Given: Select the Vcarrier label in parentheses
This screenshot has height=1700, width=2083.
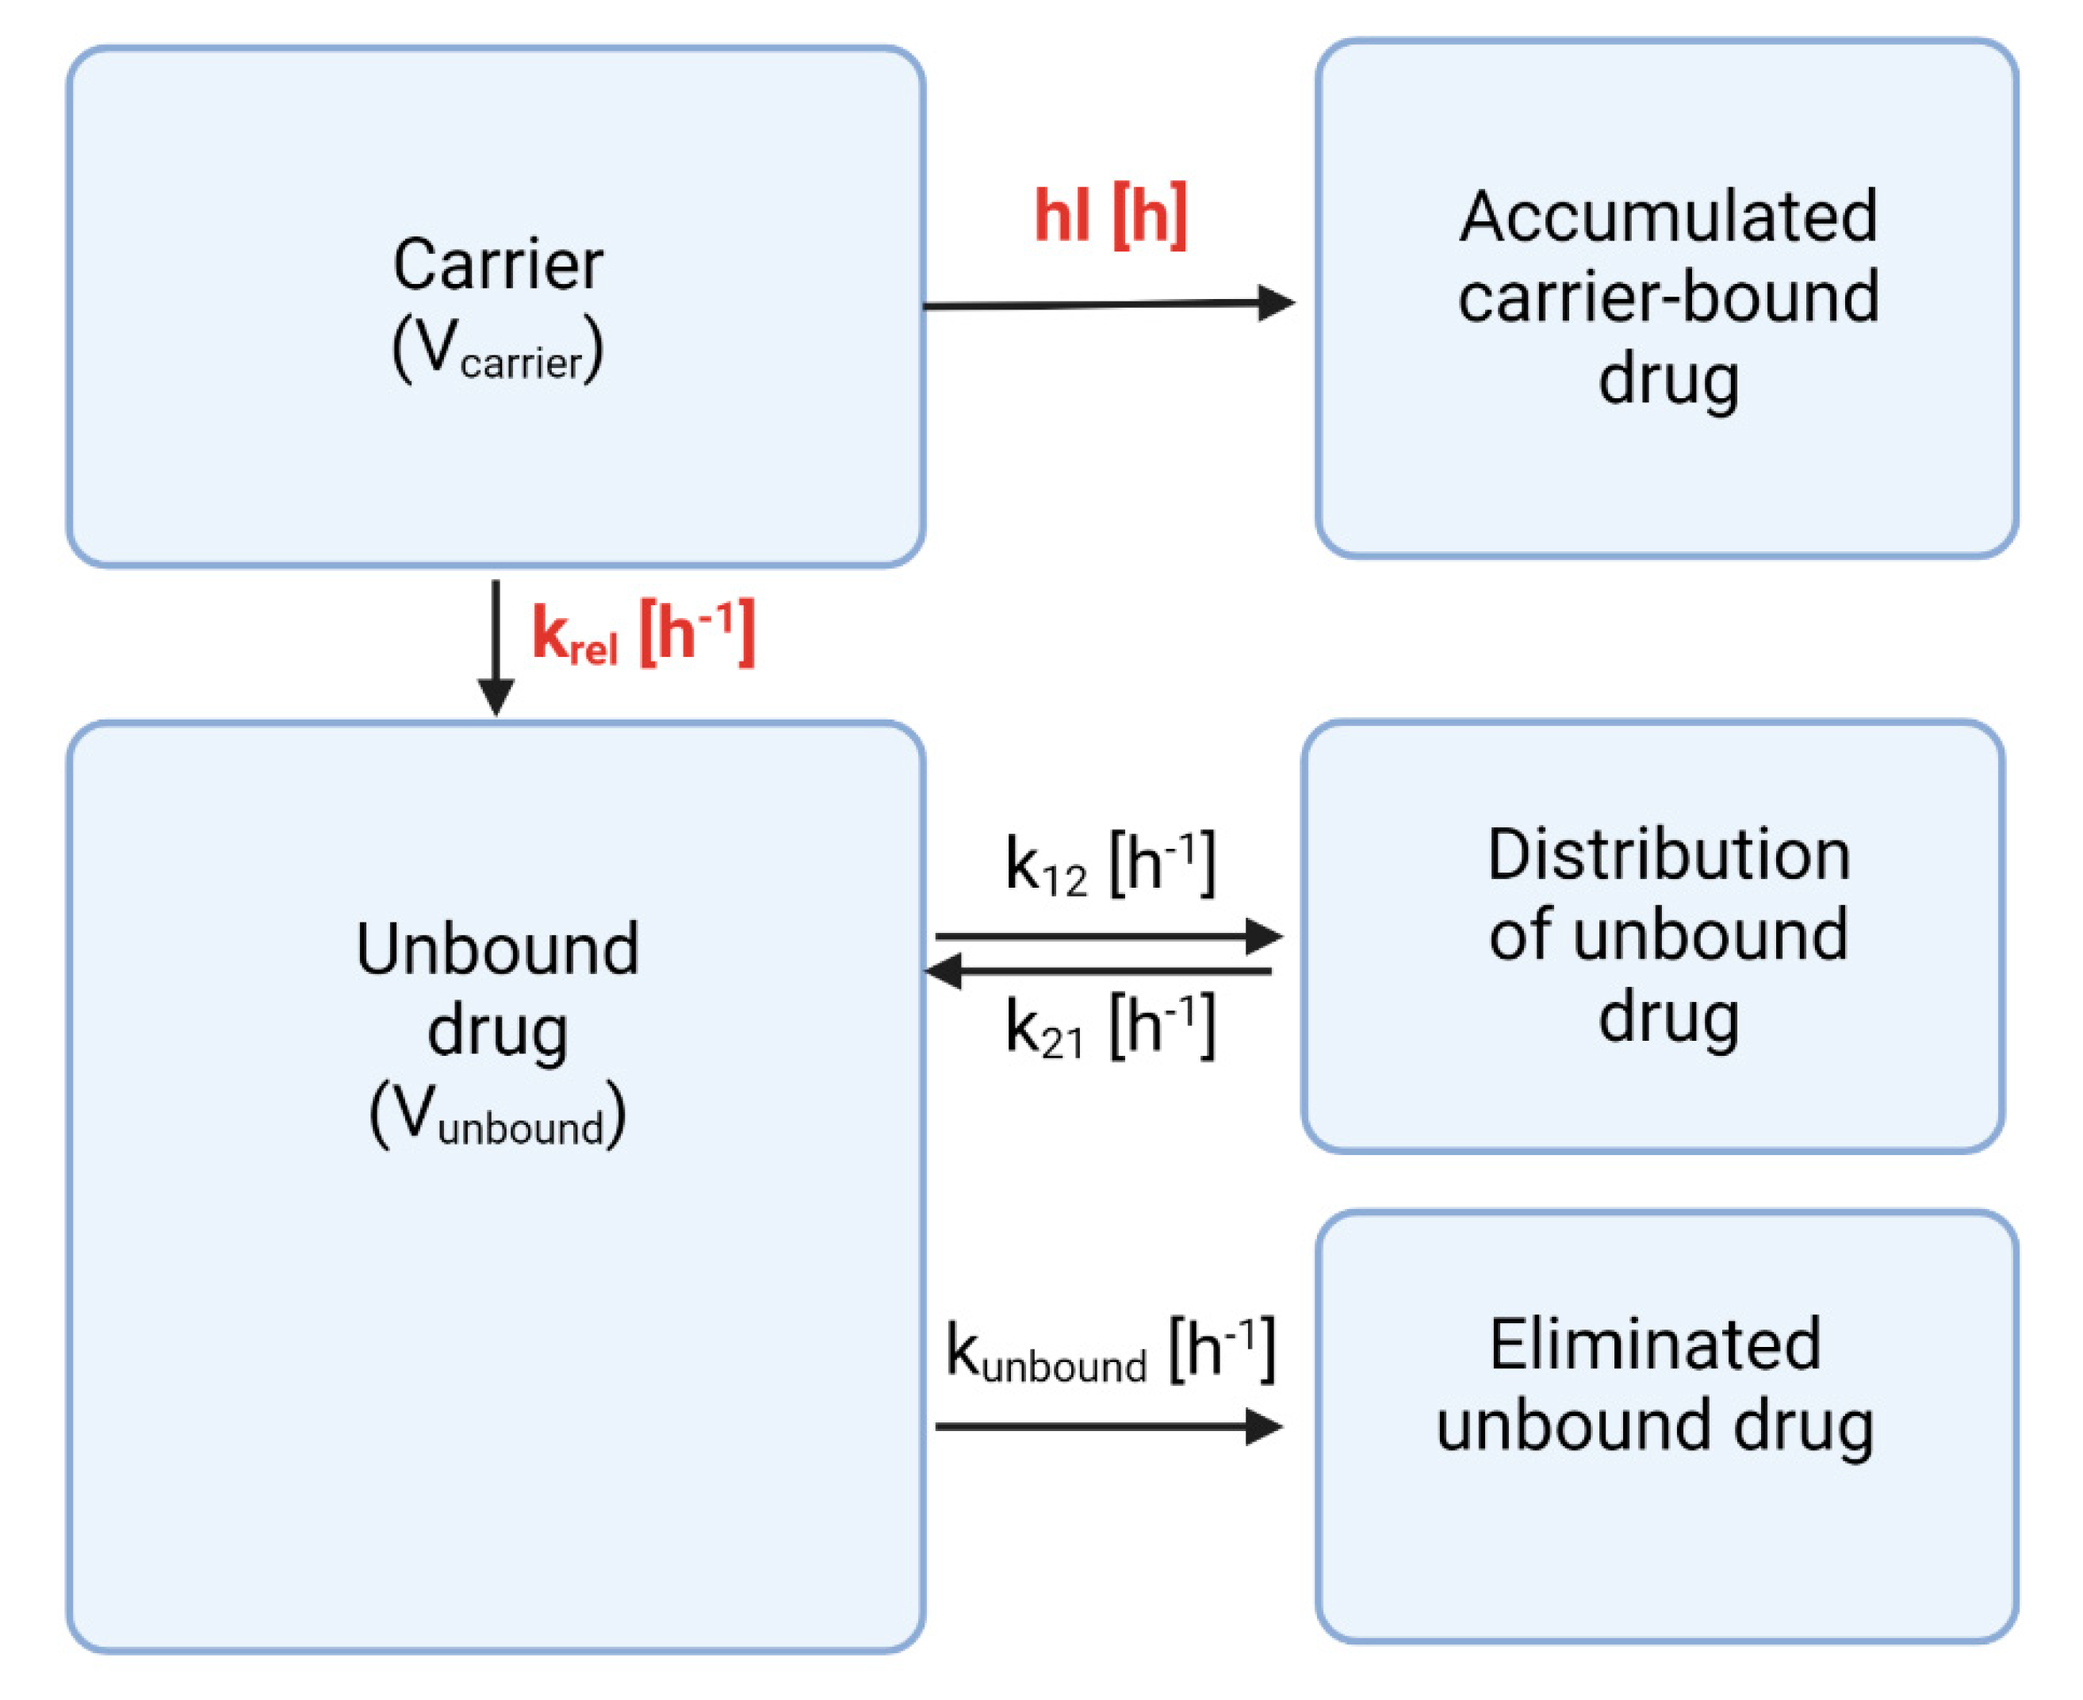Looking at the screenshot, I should coord(497,351).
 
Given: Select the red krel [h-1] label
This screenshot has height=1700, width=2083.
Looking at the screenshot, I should coord(643,635).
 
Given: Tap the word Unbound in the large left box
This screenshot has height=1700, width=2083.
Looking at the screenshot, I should coord(497,949).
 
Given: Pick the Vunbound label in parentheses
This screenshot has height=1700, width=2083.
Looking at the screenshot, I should coord(497,1115).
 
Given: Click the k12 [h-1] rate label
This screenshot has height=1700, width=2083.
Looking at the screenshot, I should coord(1110,865).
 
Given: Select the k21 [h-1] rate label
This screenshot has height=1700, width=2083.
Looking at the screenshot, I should coord(1110,1027).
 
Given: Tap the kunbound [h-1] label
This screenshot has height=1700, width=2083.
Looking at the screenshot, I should coord(1110,1353).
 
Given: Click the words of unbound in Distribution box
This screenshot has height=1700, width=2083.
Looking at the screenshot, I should coord(1668,935).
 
